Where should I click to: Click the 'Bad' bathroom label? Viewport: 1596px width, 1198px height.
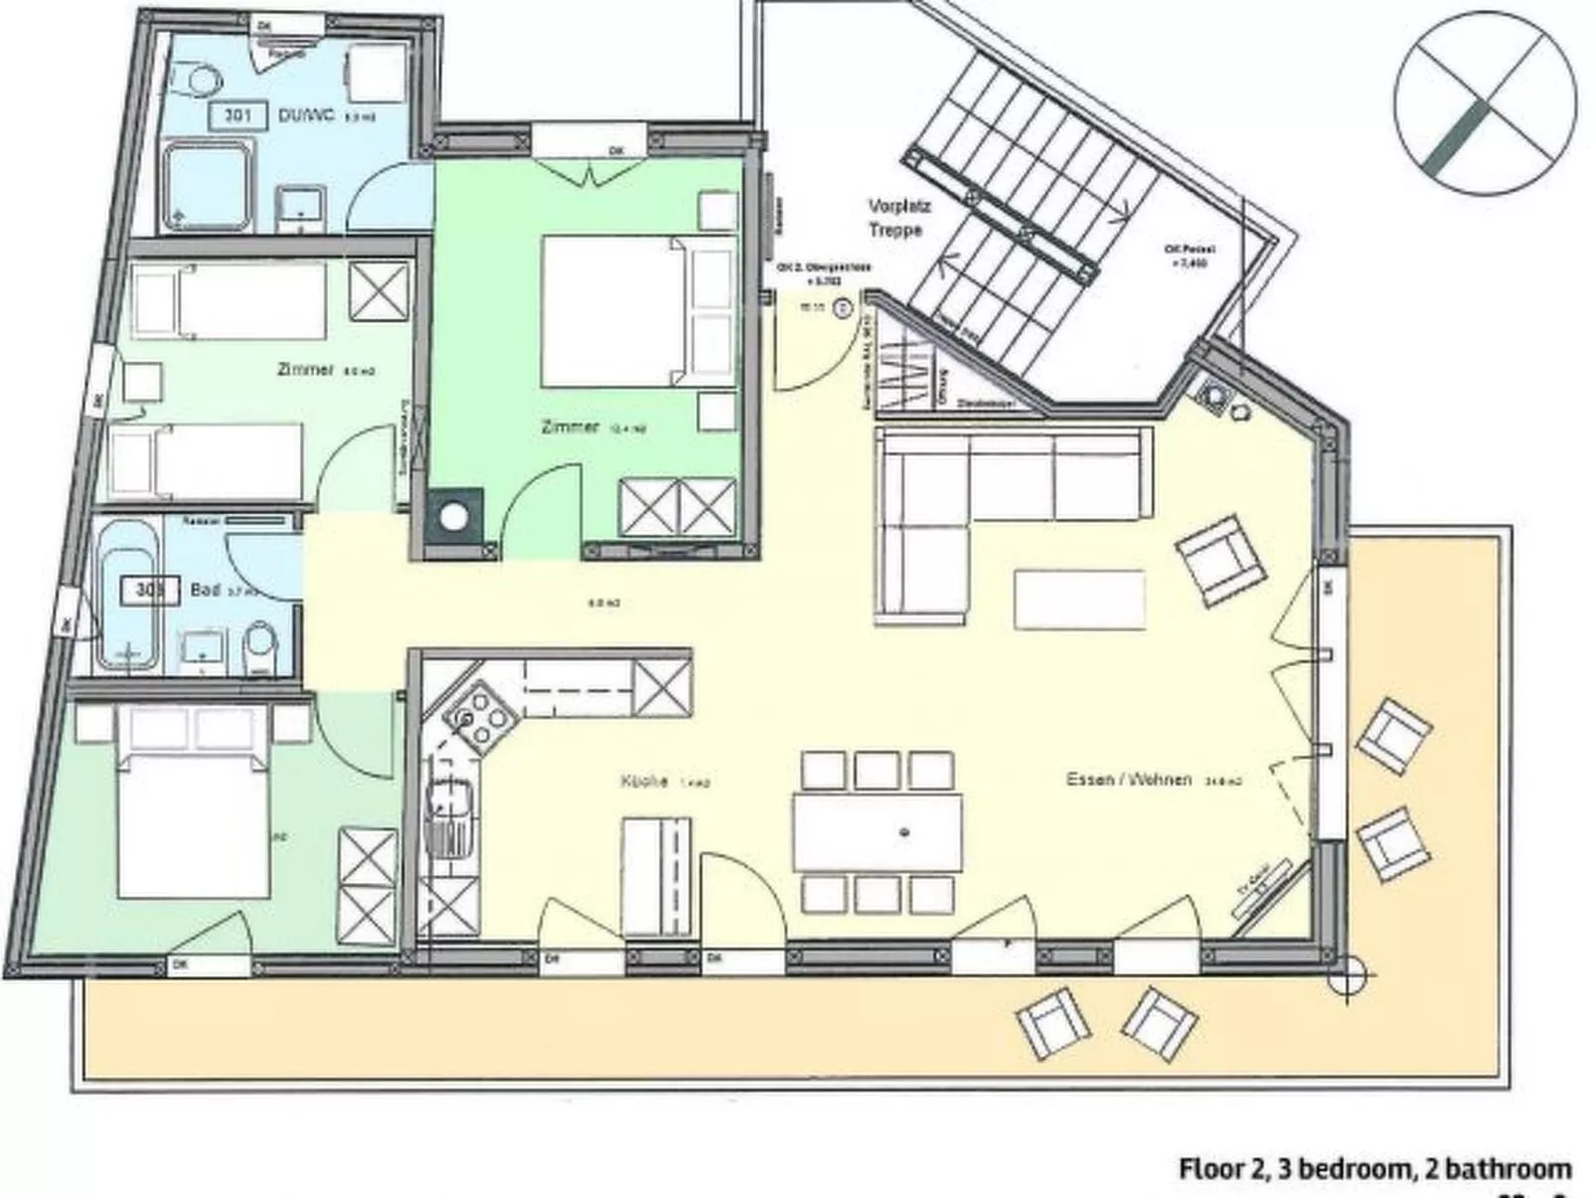point(204,590)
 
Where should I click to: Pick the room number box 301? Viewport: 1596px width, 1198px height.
point(237,115)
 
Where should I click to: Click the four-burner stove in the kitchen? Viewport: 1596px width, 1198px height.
point(479,718)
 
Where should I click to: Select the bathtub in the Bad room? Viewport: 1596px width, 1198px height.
point(127,594)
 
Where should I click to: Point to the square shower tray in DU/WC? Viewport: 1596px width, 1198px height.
point(209,186)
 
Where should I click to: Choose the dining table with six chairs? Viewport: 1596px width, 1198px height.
point(878,832)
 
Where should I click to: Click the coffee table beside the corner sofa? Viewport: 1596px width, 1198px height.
point(1079,599)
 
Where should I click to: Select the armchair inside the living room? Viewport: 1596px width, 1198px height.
point(1220,560)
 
